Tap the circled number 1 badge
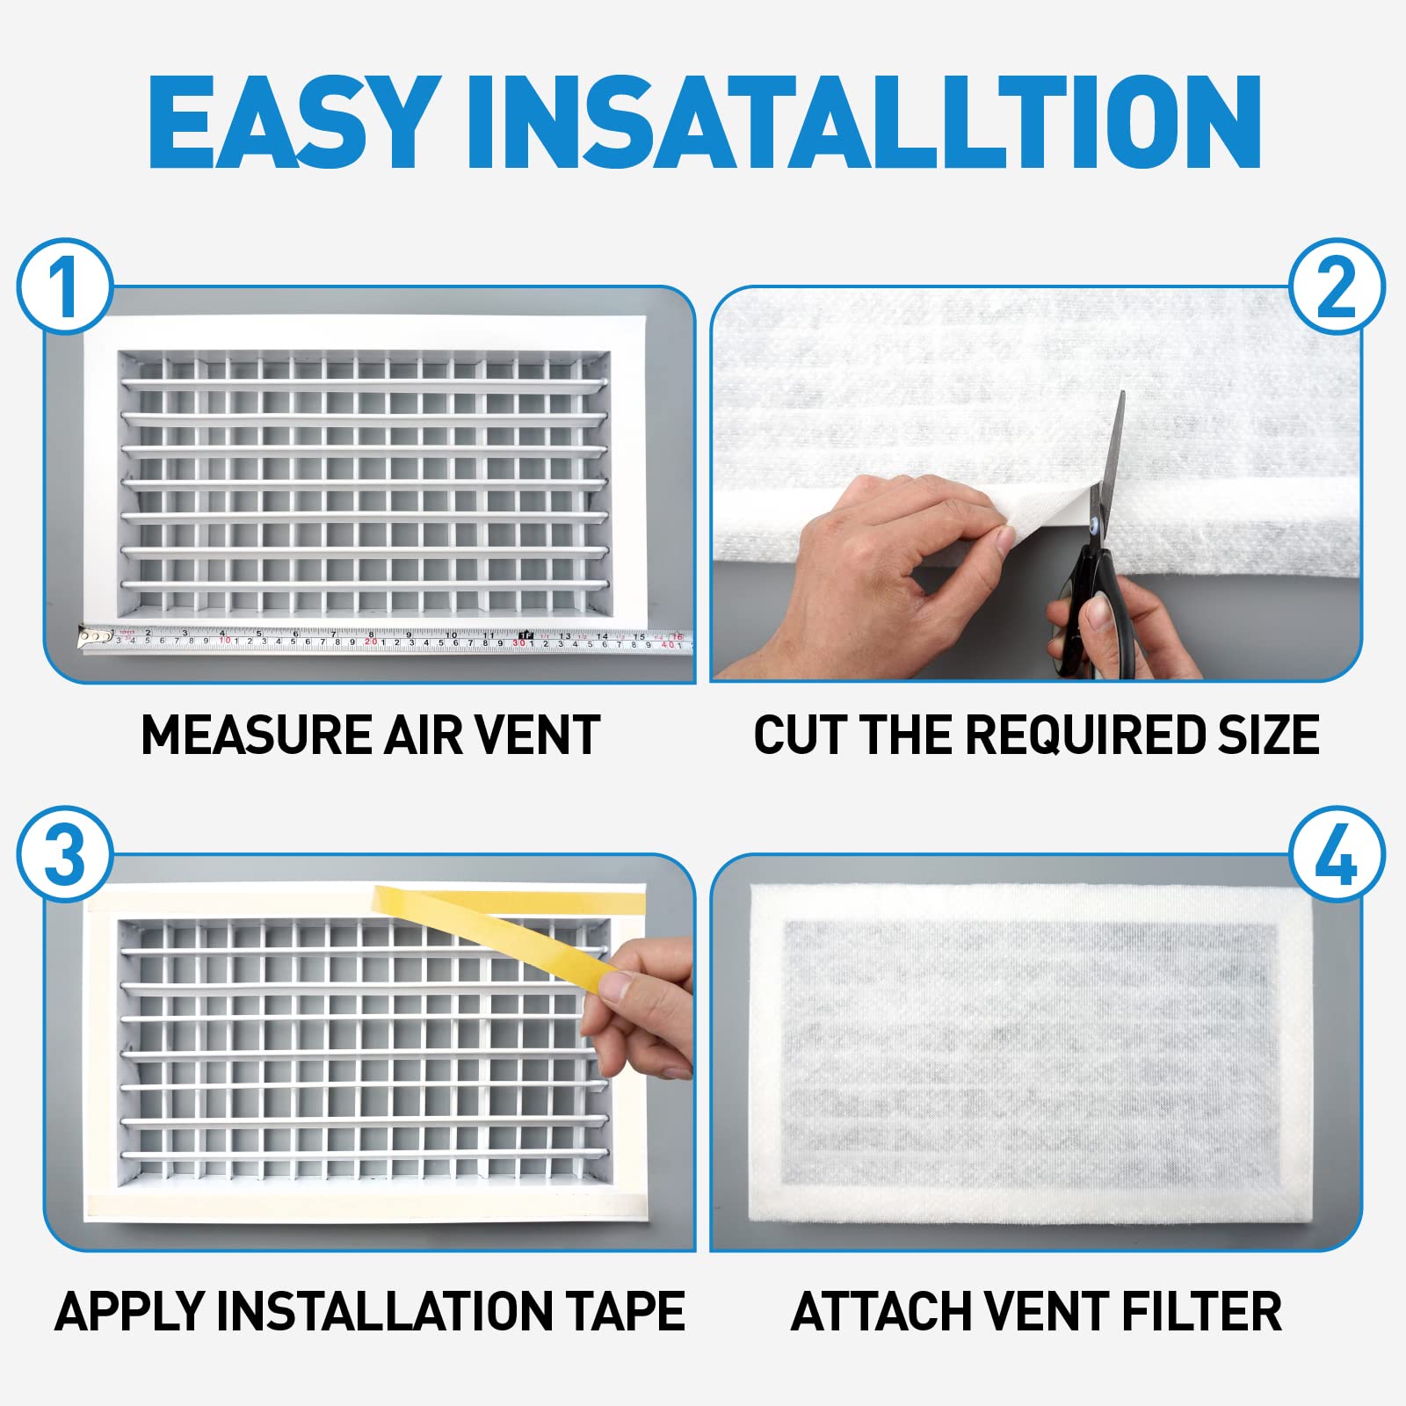(65, 286)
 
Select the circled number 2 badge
(1337, 286)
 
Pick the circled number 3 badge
(65, 854)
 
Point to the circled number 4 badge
(1337, 854)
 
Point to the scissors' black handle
(1090, 606)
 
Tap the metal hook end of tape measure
(86, 636)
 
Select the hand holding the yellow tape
(641, 1011)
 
